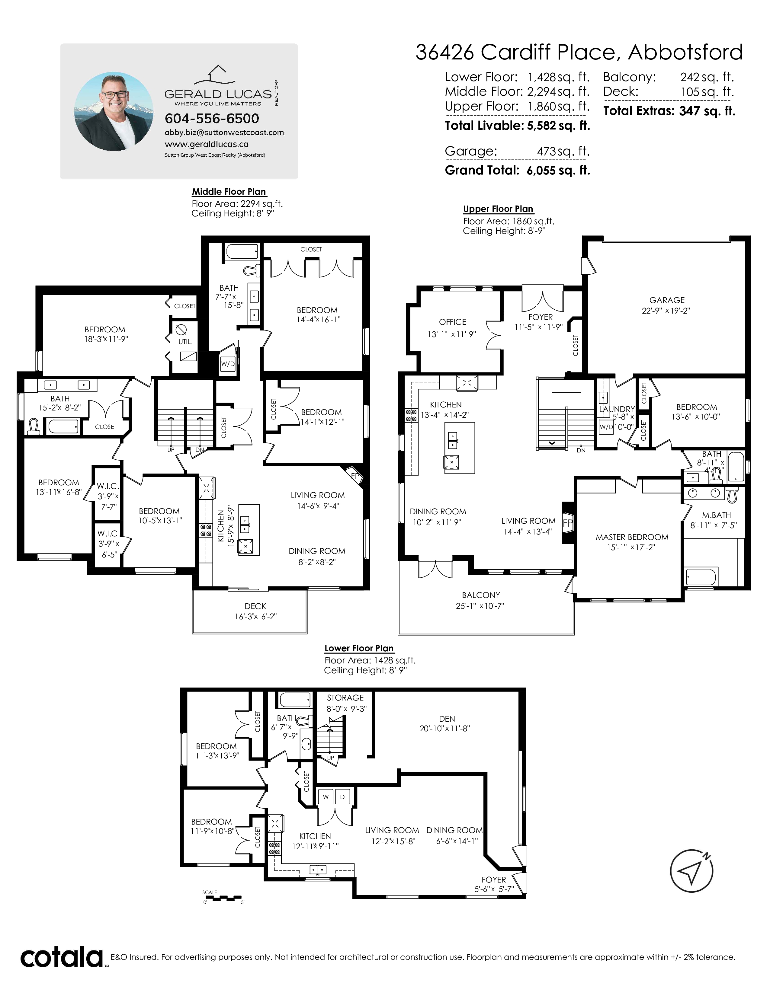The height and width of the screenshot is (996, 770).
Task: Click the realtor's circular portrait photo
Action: click(114, 111)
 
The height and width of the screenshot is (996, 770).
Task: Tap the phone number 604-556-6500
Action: click(212, 119)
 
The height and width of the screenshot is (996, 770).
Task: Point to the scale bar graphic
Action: click(223, 898)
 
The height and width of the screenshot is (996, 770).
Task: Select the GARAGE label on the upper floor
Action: click(667, 300)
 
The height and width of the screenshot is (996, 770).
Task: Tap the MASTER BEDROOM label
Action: click(632, 537)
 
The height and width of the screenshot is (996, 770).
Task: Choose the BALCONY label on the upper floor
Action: click(481, 595)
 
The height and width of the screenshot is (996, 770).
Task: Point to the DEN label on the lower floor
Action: click(447, 719)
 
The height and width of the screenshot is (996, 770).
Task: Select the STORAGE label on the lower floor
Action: click(345, 698)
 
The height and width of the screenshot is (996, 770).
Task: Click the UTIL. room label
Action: click(185, 342)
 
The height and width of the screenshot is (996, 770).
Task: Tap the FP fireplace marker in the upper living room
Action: click(567, 523)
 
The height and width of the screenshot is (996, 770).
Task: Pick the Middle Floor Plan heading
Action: click(229, 192)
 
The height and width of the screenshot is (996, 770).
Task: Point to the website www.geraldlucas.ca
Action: click(207, 144)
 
